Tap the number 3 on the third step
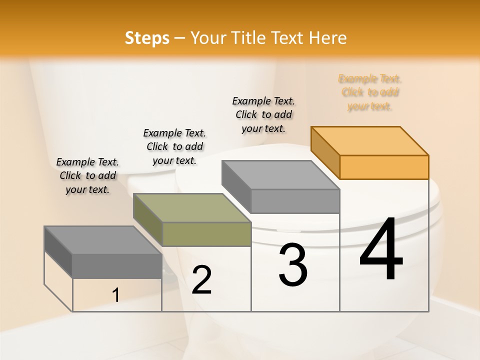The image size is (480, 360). (x=293, y=265)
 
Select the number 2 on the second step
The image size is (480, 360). (x=201, y=279)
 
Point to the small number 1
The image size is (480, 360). (x=115, y=295)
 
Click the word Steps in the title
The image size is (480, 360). (x=147, y=38)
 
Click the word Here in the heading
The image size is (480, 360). (x=328, y=38)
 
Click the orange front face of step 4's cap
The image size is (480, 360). (x=384, y=167)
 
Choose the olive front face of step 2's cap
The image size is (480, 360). (x=206, y=234)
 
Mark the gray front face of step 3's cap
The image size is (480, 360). (x=295, y=201)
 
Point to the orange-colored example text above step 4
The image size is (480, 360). (x=370, y=92)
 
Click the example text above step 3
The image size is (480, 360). (x=263, y=114)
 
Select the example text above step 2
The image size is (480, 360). (x=174, y=146)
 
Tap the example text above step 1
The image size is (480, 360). (x=87, y=175)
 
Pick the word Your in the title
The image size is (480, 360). (x=208, y=38)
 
